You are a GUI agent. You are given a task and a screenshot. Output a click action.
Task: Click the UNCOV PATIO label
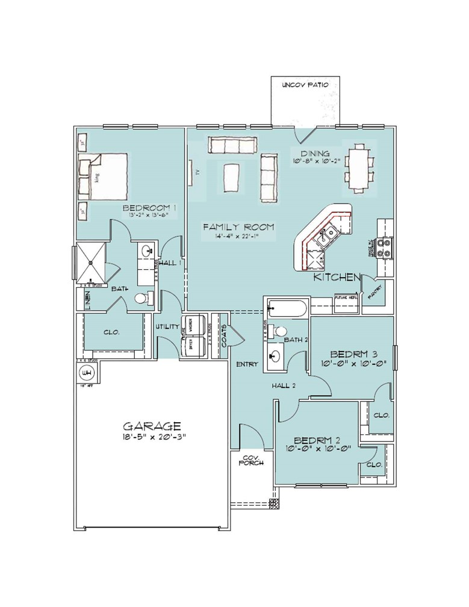coord(305,86)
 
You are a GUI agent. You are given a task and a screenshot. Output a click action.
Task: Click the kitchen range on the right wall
coord(384,247)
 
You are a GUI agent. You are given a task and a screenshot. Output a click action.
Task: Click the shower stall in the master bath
coord(90,262)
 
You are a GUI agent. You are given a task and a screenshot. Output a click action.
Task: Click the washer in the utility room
coord(196,329)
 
